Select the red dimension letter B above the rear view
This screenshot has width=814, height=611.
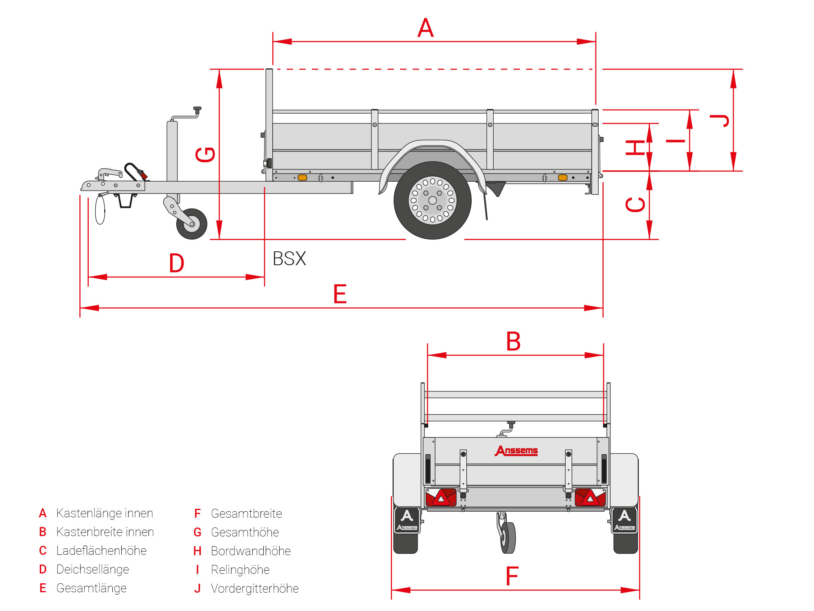tap(513, 341)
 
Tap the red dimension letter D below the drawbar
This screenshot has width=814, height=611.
tap(177, 263)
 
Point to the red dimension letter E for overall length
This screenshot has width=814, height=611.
tap(340, 294)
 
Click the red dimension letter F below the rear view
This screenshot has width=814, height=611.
tap(512, 576)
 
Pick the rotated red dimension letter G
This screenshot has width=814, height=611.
tap(205, 154)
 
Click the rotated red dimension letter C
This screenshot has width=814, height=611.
tap(635, 204)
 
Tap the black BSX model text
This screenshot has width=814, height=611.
tap(289, 259)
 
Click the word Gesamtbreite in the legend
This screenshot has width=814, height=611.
tap(246, 513)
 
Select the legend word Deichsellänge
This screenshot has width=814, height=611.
tap(92, 569)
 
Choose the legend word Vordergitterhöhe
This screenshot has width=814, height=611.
tap(254, 589)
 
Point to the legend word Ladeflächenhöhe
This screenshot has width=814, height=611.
tap(101, 551)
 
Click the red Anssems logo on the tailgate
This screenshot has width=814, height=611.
tap(516, 451)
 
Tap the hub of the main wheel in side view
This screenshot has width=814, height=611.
tap(433, 200)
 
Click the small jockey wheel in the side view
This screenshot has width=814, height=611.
tap(192, 224)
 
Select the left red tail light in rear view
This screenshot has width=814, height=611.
tap(441, 497)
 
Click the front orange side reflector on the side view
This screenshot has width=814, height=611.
tap(302, 178)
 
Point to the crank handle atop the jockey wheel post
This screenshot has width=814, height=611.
tap(197, 109)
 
